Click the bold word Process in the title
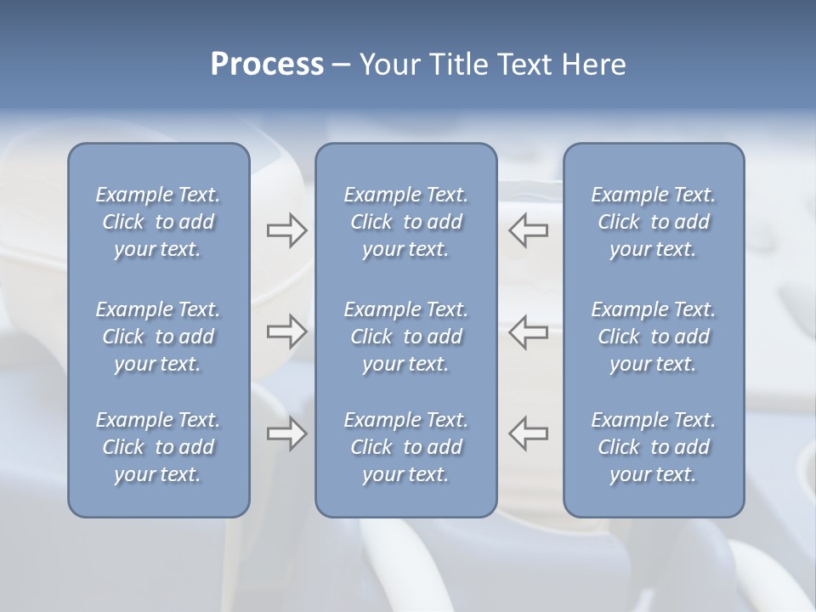click(267, 65)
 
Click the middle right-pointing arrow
click(286, 332)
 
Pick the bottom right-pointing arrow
click(286, 433)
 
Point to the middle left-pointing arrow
click(529, 332)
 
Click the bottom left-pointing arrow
click(529, 433)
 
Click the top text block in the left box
click(158, 222)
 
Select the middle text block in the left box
click(158, 337)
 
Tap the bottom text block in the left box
click(158, 447)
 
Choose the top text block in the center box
click(405, 222)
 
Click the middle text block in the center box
click(405, 337)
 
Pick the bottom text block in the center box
click(405, 447)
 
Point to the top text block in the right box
click(653, 222)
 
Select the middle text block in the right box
click(653, 337)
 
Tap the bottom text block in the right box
click(653, 447)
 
